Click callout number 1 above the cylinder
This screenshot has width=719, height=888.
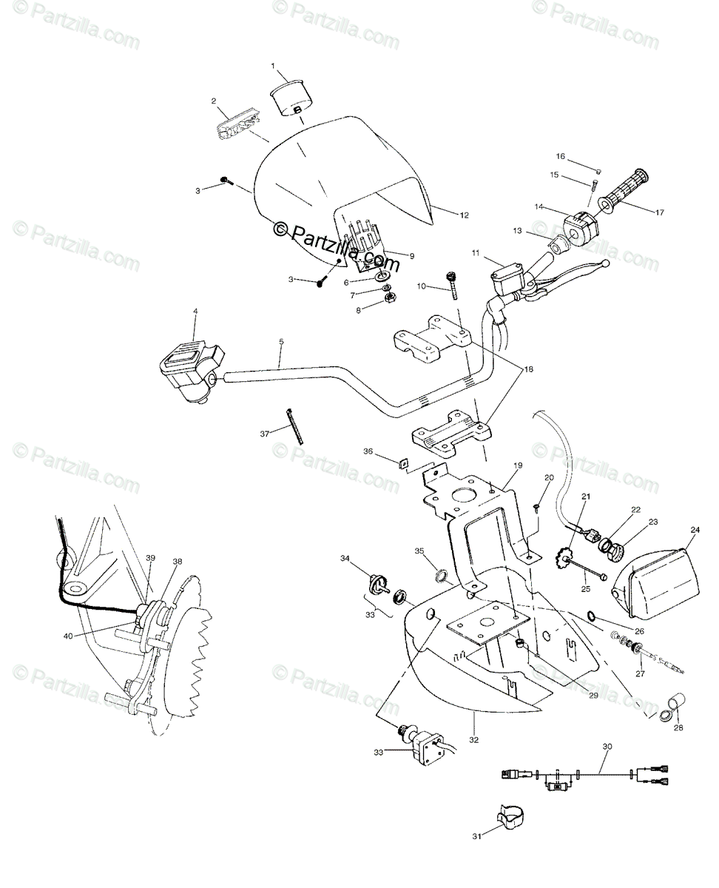pos(272,67)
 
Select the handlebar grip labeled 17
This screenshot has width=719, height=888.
pos(625,191)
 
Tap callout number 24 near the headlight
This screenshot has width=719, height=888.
pos(695,530)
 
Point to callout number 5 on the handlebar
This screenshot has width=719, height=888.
pos(282,341)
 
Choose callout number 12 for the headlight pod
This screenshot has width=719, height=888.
pos(464,215)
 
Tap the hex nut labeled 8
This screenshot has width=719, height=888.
pos(386,300)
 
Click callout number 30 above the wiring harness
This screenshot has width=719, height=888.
pos(607,747)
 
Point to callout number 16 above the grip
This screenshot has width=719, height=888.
pos(560,156)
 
